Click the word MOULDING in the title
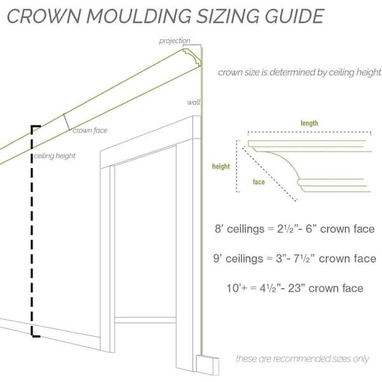pyautogui.click(x=139, y=17)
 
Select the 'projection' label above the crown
pyautogui.click(x=174, y=41)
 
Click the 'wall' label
pyautogui.click(x=194, y=102)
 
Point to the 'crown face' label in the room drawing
pyautogui.click(x=90, y=131)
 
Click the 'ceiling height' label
pyautogui.click(x=55, y=156)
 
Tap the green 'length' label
pyautogui.click(x=309, y=123)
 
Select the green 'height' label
pyautogui.click(x=221, y=166)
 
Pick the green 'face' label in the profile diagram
pyautogui.click(x=258, y=181)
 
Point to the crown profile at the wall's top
pyautogui.click(x=192, y=57)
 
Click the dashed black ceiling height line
pyautogui.click(x=32, y=231)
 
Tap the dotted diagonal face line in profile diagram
pyautogui.click(x=270, y=174)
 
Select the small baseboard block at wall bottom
pyautogui.click(x=208, y=365)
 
